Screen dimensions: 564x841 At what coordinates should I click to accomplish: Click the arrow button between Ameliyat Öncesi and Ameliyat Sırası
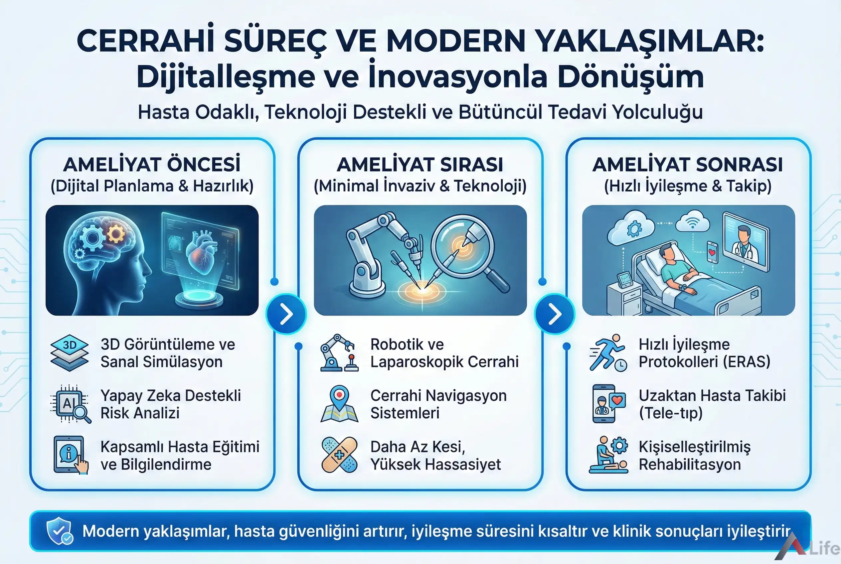[286, 314]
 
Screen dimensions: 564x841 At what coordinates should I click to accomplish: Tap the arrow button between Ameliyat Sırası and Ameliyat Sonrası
[555, 314]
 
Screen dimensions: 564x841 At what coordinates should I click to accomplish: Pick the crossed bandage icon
[339, 455]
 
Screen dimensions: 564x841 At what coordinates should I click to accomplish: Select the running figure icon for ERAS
[608, 352]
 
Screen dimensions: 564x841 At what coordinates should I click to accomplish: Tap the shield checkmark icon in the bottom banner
[59, 530]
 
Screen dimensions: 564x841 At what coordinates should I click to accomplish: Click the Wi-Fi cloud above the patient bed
[692, 223]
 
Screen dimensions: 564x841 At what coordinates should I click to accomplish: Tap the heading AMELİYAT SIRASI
[420, 165]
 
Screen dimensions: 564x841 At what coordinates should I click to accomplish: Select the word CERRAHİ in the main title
[145, 41]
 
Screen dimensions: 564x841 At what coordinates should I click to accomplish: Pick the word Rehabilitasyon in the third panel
[690, 464]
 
